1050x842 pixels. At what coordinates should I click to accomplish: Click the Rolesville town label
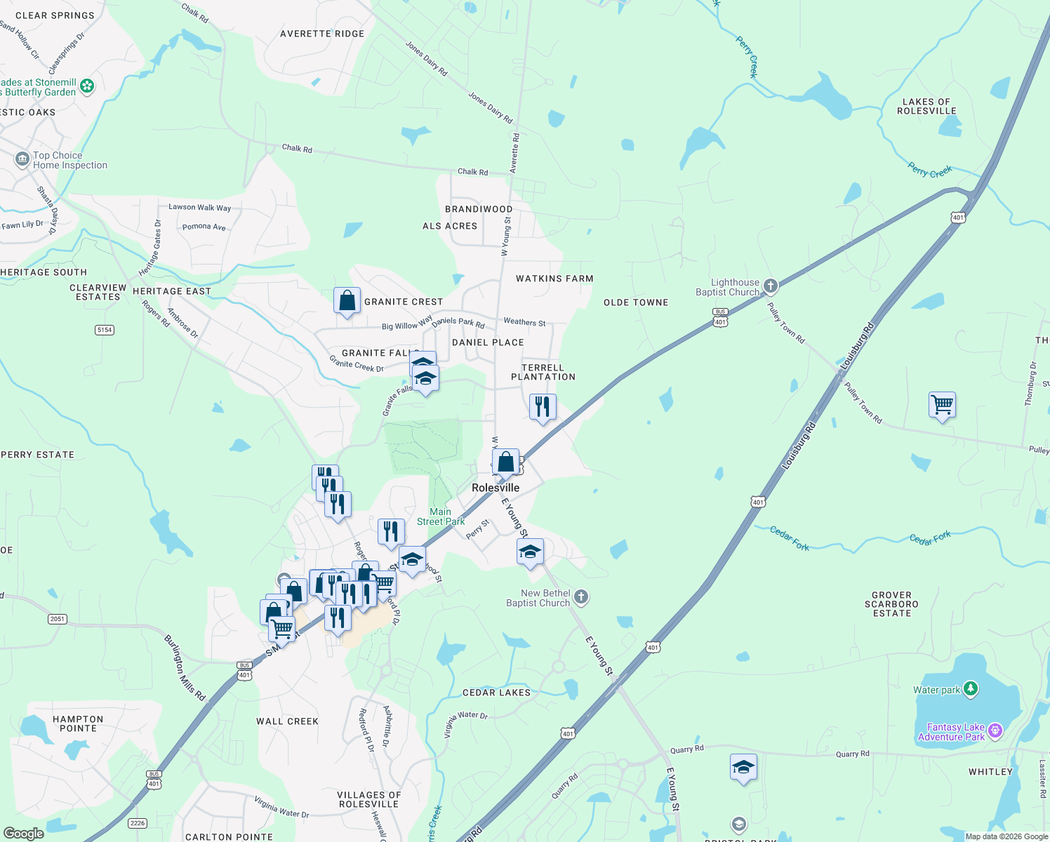[496, 488]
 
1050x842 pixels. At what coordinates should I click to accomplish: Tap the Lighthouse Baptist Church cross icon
[771, 286]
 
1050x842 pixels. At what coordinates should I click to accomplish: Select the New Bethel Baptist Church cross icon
[580, 597]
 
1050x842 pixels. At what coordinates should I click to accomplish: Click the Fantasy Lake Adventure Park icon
[995, 732]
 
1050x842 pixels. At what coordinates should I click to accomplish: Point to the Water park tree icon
[971, 689]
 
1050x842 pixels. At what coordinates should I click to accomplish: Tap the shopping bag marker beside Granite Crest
[347, 301]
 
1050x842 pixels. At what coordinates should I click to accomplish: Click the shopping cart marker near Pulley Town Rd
[942, 405]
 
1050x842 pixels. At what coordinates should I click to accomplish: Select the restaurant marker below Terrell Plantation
[543, 407]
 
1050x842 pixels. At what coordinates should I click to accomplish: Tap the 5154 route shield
[105, 330]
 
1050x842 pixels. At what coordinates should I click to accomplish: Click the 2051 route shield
[58, 619]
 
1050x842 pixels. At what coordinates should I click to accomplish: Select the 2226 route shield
[138, 823]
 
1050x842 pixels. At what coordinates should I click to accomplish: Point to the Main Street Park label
[441, 516]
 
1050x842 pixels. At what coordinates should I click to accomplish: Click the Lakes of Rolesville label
[926, 107]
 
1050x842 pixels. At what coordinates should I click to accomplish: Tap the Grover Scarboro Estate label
[891, 604]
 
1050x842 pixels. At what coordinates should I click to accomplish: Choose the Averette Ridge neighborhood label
[322, 34]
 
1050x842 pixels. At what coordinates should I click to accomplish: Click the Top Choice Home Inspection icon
[22, 159]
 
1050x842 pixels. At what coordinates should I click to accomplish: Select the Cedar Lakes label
[496, 693]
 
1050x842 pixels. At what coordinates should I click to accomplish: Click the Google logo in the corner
[23, 834]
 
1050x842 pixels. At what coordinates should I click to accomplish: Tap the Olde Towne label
[636, 302]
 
